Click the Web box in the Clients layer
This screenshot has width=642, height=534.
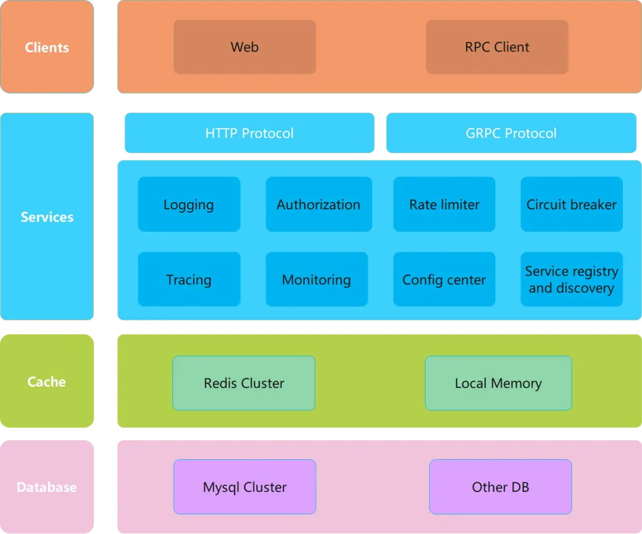point(244,47)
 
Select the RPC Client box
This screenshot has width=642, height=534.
point(497,47)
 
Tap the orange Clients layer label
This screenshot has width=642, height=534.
point(47,47)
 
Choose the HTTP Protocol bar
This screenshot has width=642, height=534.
point(249,133)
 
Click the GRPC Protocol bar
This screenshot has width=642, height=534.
point(510,133)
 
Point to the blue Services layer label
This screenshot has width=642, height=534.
point(47,217)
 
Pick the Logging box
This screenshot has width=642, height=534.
point(189,204)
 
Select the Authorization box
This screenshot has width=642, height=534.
point(319,204)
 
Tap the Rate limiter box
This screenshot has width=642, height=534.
point(444,204)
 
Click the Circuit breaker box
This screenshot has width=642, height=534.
point(571,204)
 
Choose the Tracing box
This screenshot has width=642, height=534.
point(189,279)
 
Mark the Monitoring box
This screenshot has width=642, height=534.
point(316,279)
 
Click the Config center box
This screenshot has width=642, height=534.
point(444,279)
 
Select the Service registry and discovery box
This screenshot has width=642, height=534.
point(571,279)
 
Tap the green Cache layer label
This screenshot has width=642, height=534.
point(47,382)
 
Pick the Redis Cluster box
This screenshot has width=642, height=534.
point(244,383)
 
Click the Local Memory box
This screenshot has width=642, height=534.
point(498,383)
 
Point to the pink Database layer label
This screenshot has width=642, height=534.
point(47,487)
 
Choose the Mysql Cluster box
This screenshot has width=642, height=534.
point(244,487)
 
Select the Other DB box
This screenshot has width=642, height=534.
point(500,487)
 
